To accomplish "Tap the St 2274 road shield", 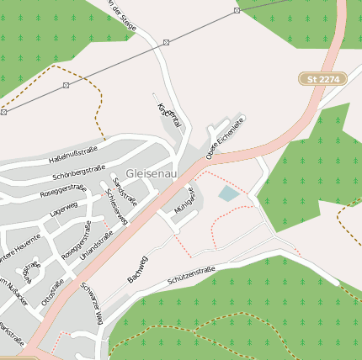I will (x=323, y=78).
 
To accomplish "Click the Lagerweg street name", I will (x=63, y=209).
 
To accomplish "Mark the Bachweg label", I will (x=137, y=267).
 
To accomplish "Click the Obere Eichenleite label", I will (x=225, y=134).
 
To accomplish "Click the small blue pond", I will (x=228, y=194).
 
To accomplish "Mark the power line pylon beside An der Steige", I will (x=167, y=42).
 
